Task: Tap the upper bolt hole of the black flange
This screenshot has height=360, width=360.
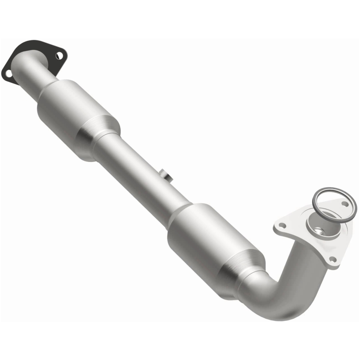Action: [x=59, y=56]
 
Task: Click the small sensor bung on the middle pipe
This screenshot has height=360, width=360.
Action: [x=165, y=175]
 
